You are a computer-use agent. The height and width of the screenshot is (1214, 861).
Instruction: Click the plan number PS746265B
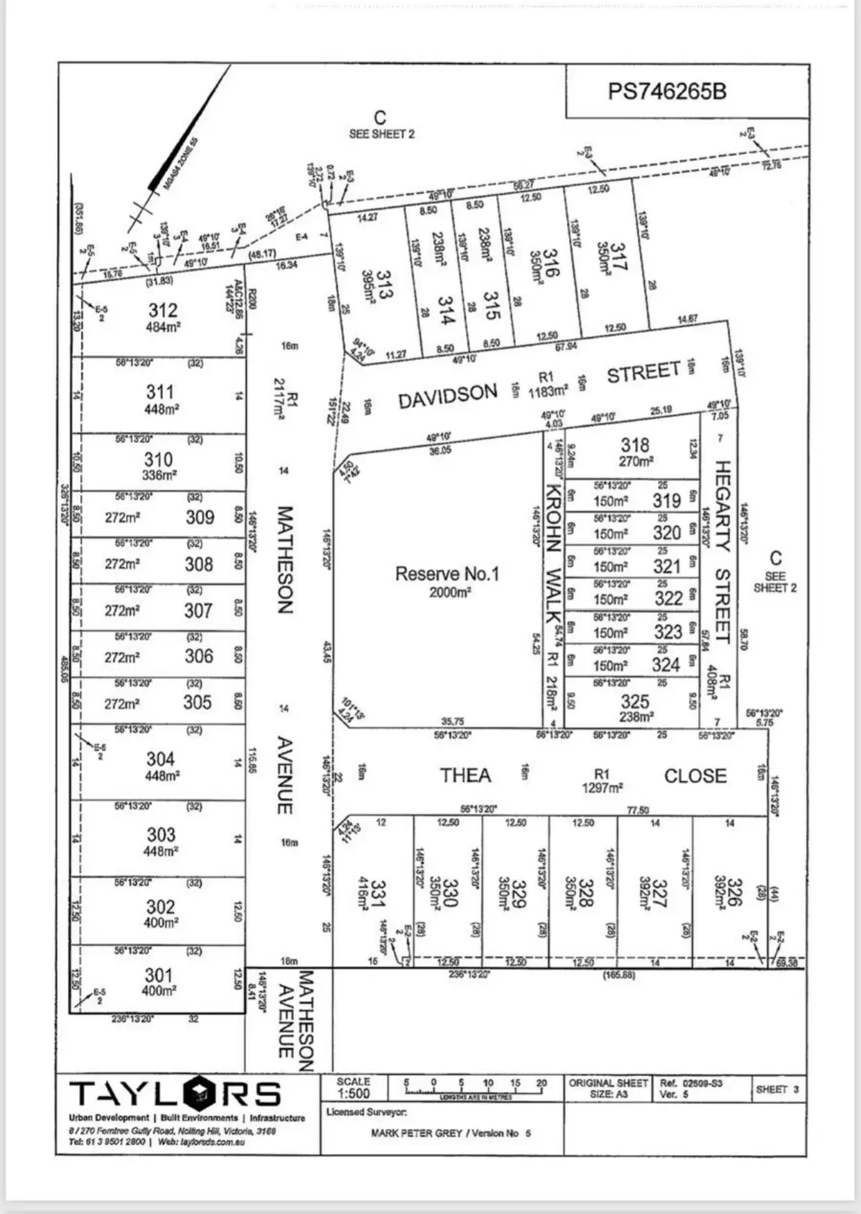pyautogui.click(x=667, y=92)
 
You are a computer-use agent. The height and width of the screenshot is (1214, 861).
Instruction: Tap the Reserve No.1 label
pyautogui.click(x=447, y=574)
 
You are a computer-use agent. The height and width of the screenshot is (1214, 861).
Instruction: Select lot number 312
pyautogui.click(x=162, y=311)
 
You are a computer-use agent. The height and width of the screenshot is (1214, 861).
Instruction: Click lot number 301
pyautogui.click(x=159, y=975)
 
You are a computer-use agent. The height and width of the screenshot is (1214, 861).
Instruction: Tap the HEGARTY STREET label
pyautogui.click(x=722, y=552)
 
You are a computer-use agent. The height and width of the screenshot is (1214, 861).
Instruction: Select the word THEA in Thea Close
pyautogui.click(x=465, y=776)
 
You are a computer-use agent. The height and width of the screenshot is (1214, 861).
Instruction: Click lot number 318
pyautogui.click(x=634, y=445)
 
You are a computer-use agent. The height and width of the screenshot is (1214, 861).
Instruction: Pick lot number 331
pyautogui.click(x=379, y=894)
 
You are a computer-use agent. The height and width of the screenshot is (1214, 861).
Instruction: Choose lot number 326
pyautogui.click(x=735, y=892)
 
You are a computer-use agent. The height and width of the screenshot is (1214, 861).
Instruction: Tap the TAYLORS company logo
pyautogui.click(x=175, y=1093)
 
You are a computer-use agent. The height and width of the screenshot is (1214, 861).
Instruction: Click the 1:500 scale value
pyautogui.click(x=353, y=1093)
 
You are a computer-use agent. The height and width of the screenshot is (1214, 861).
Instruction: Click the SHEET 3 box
pyautogui.click(x=777, y=1089)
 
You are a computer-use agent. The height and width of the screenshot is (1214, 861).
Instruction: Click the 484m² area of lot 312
pyautogui.click(x=163, y=327)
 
